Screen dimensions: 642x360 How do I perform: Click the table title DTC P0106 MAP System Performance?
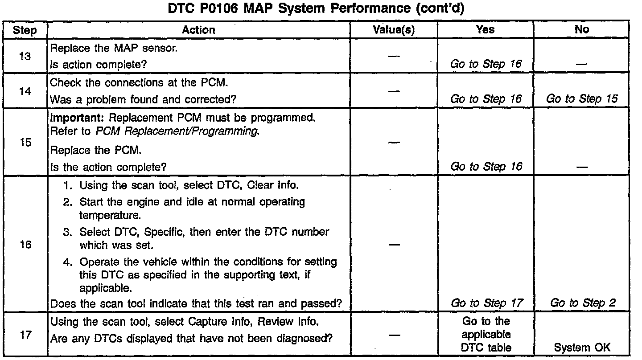[316, 9]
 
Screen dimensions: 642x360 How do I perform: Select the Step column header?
[25, 30]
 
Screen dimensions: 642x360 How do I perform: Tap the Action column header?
[198, 30]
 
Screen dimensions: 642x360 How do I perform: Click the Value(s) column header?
[394, 30]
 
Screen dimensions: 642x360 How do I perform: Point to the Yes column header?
[485, 29]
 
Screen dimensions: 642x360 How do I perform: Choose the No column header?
[582, 29]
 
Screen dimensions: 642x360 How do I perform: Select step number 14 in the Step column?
[25, 91]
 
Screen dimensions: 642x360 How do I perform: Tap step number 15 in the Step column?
[25, 143]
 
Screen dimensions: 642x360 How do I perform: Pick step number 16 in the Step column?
[25, 245]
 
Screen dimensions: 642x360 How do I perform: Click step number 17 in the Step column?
[25, 335]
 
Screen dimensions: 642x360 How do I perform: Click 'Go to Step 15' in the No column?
[582, 99]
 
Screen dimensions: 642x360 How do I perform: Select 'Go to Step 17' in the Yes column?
[486, 303]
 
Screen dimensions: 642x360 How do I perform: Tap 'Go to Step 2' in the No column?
[583, 303]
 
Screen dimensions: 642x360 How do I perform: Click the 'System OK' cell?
[582, 348]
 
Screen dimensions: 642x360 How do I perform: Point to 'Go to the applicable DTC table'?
[486, 334]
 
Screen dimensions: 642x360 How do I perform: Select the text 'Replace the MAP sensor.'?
[114, 48]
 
